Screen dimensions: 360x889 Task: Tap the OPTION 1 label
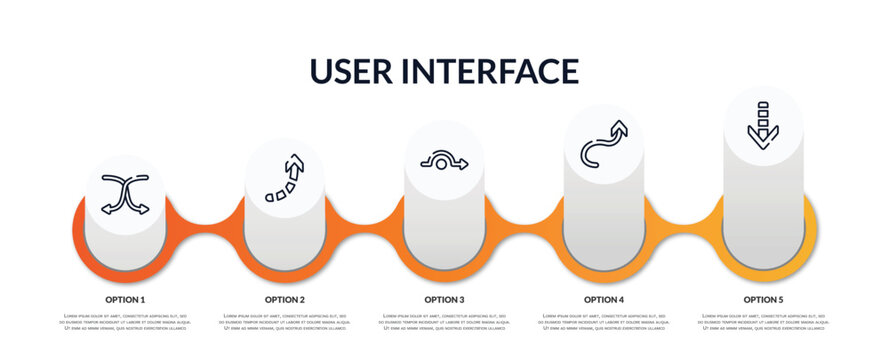coord(125,299)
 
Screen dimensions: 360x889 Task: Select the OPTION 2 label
coord(285,299)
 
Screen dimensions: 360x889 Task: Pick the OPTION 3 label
coord(444,299)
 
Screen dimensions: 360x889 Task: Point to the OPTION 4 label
coord(604,299)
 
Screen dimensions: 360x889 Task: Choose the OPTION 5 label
coord(763,299)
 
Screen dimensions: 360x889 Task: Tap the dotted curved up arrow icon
coord(285,178)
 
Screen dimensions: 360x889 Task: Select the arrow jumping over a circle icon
coord(444,162)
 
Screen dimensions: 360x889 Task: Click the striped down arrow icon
coord(763,125)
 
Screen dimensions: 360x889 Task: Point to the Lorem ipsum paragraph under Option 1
coord(125,322)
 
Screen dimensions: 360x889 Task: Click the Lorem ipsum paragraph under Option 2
coord(285,322)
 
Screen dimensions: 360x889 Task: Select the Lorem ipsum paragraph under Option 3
coord(444,322)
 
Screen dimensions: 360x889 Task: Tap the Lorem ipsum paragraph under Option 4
coord(604,322)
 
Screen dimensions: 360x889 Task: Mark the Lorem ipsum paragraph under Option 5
coord(763,322)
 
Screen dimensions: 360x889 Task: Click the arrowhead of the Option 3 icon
coord(461,165)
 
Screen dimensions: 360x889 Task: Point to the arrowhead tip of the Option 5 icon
coord(763,146)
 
